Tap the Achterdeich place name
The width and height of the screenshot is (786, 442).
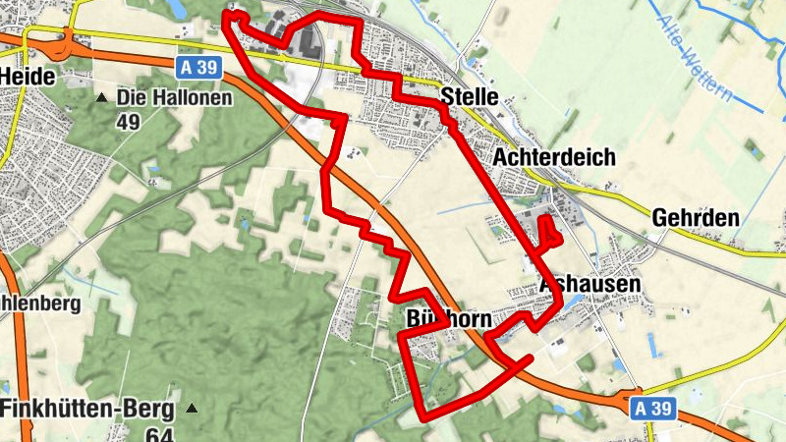point(555,157)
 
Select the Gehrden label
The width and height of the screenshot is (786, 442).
point(695,218)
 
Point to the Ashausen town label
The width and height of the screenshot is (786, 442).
point(590,284)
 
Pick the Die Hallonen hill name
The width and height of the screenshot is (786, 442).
point(174,98)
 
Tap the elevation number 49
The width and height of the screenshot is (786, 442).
point(129,122)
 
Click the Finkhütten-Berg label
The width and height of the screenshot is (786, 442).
point(87,409)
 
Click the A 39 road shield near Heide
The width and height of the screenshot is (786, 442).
point(198,68)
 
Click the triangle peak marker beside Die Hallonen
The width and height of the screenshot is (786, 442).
point(102,98)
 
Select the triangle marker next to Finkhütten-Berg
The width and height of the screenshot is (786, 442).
point(192,409)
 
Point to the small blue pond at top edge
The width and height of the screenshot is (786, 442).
point(177,8)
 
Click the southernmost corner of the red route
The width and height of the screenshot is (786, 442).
point(425,418)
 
